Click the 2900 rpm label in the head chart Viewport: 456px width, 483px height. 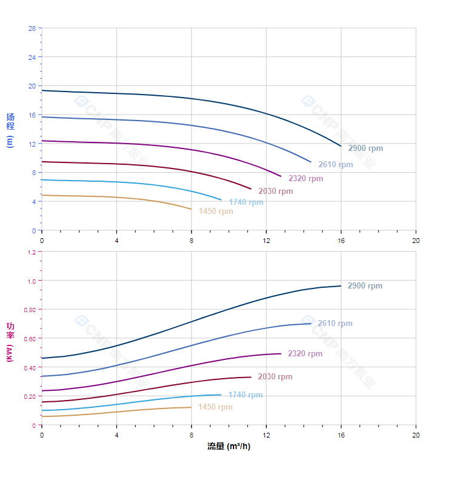point(365,148)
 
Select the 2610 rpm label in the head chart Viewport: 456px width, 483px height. point(335,165)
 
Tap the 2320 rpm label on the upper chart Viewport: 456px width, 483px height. point(306,179)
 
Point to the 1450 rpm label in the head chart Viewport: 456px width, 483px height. point(216,212)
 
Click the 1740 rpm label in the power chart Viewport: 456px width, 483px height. point(246,395)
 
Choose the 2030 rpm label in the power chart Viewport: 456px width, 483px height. point(275,377)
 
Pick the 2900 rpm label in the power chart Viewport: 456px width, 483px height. point(364,286)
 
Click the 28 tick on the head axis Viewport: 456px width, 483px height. point(32,28)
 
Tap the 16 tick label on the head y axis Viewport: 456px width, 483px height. point(32,115)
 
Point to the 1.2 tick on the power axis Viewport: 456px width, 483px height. point(31,252)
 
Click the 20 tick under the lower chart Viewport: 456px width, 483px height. point(416,435)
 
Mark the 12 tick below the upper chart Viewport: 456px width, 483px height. point(266,241)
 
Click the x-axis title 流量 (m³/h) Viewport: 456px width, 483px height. point(229,447)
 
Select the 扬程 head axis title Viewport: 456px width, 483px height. point(10,122)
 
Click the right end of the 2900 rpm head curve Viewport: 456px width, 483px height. point(341,146)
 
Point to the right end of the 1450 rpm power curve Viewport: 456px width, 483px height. point(191,407)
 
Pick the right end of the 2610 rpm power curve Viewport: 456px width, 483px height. point(311,324)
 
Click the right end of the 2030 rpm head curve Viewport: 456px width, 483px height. point(251,189)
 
